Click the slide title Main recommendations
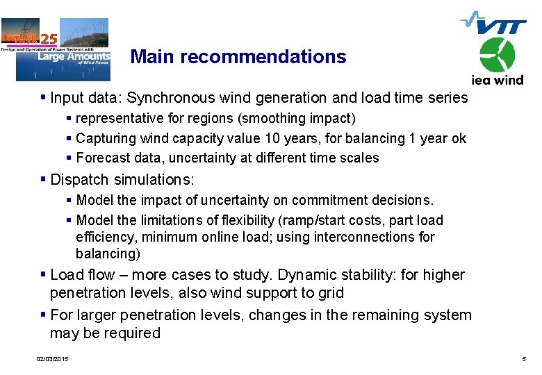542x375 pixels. click(x=238, y=56)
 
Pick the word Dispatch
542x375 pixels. click(x=79, y=180)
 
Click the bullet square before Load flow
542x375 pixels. click(x=44, y=275)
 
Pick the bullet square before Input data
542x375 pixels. click(x=44, y=98)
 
